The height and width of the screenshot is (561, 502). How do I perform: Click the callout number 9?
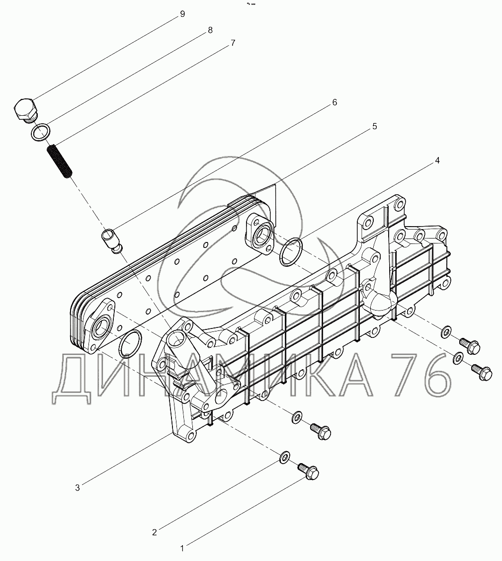coord(182,14)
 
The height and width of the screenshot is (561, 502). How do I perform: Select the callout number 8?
coord(210,30)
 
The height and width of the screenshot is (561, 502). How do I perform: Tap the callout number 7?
coord(233,43)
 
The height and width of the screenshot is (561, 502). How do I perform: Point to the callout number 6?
coord(335,103)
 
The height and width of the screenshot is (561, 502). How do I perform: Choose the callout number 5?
coord(375,126)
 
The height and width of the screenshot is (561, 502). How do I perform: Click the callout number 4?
coord(437,160)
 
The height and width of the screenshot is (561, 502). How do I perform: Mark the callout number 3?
coord(78,487)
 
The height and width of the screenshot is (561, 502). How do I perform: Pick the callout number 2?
coord(154,532)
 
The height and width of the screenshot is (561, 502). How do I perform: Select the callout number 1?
coord(182,548)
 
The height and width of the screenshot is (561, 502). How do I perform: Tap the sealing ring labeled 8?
coord(40,132)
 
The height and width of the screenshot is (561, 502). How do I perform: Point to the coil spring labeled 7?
coord(60,160)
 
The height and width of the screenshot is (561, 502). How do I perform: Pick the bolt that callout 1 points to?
coord(308,471)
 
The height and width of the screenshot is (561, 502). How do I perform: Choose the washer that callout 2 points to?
coord(284,457)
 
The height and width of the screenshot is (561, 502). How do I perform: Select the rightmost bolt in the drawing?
coord(482,372)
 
